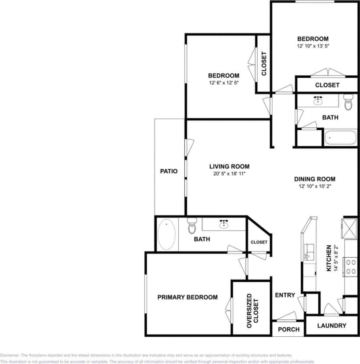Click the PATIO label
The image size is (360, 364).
coord(169,171)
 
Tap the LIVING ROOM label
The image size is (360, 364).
coord(229,167)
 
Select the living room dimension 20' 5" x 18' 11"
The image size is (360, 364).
coord(229,174)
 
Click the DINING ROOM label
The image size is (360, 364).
coord(314,179)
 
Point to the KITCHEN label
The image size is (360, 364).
coord(329,258)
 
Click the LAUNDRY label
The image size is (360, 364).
coord(331,326)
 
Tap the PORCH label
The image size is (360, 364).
coord(289,329)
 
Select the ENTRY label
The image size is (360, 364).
coord(284,295)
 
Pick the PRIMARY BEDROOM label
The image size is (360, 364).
coord(187,297)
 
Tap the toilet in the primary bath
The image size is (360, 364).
coord(192,226)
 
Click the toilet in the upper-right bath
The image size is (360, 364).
coord(349,103)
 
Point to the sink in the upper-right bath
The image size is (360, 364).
coord(318,101)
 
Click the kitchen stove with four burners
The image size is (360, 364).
coord(351,266)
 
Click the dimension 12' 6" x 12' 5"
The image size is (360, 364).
coord(223,83)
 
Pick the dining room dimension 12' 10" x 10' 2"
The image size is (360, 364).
coord(314,186)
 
